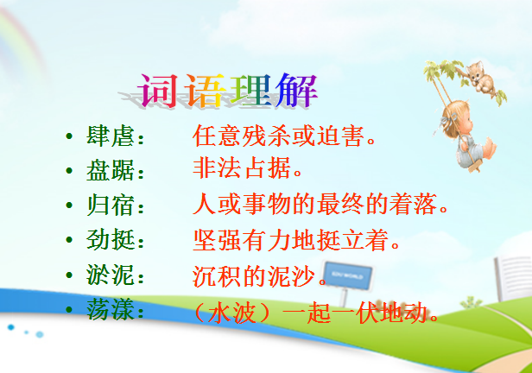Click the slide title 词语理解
pyautogui.click(x=228, y=91)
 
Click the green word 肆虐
pyautogui.click(x=111, y=136)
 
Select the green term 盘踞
pyautogui.click(x=111, y=171)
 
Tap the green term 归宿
pyautogui.click(x=111, y=205)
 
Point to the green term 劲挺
pyautogui.click(x=111, y=239)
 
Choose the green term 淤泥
pyautogui.click(x=111, y=275)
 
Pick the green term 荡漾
pyautogui.click(x=111, y=309)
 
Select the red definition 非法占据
pyautogui.click(x=242, y=168)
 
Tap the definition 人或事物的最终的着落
pyautogui.click(x=315, y=204)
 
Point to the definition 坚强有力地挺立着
pyautogui.click(x=291, y=240)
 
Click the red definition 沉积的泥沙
pyautogui.click(x=254, y=275)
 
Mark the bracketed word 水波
pyautogui.click(x=232, y=312)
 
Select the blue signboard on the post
pyautogui.click(x=347, y=275)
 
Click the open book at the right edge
pyautogui.click(x=513, y=278)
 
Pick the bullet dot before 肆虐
pyautogui.click(x=69, y=136)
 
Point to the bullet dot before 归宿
pyautogui.click(x=69, y=205)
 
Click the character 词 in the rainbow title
pyautogui.click(x=158, y=91)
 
